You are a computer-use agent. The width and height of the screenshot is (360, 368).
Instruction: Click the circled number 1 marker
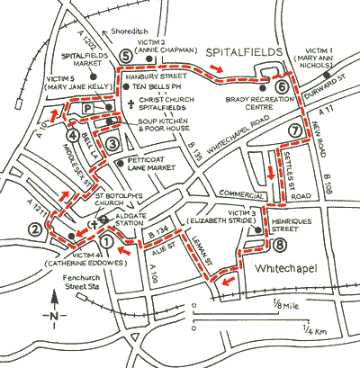pyautogui.click(x=107, y=240)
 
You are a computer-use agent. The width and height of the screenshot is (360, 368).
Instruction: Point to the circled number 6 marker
pyautogui.click(x=282, y=87)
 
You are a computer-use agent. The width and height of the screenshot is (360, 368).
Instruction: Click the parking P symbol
pyautogui.click(x=90, y=107)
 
